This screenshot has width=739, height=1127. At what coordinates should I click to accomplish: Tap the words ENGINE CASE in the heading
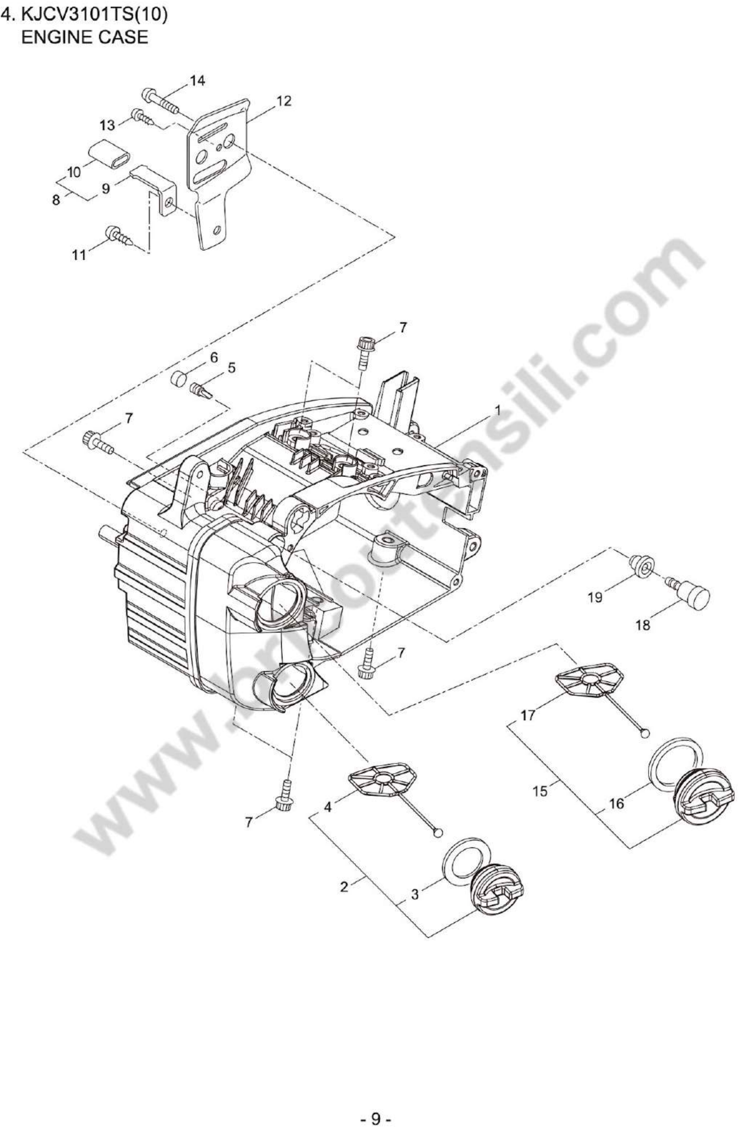[84, 37]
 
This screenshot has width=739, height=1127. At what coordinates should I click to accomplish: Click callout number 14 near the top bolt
[197, 81]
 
